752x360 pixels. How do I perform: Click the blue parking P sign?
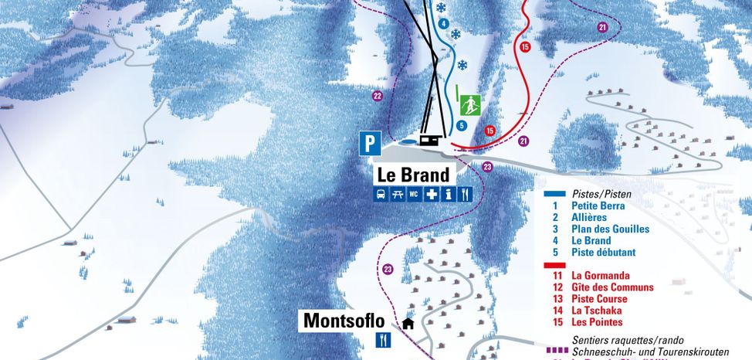(371, 143)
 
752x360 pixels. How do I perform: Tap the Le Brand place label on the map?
(412, 175)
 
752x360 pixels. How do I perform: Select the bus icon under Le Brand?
(381, 194)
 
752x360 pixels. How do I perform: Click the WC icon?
(414, 194)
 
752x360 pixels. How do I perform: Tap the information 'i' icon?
(448, 194)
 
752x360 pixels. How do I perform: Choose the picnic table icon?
(398, 194)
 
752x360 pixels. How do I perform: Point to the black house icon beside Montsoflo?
(408, 323)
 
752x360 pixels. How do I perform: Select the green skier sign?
(468, 105)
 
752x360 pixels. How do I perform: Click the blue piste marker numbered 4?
(443, 24)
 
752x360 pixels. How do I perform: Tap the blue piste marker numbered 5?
(462, 125)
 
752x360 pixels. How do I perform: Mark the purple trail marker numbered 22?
(378, 96)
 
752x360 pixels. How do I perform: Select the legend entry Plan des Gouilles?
(610, 229)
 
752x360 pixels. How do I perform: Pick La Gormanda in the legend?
(600, 275)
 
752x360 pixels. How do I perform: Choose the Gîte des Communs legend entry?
(612, 287)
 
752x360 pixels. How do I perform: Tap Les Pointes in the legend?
(597, 321)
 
